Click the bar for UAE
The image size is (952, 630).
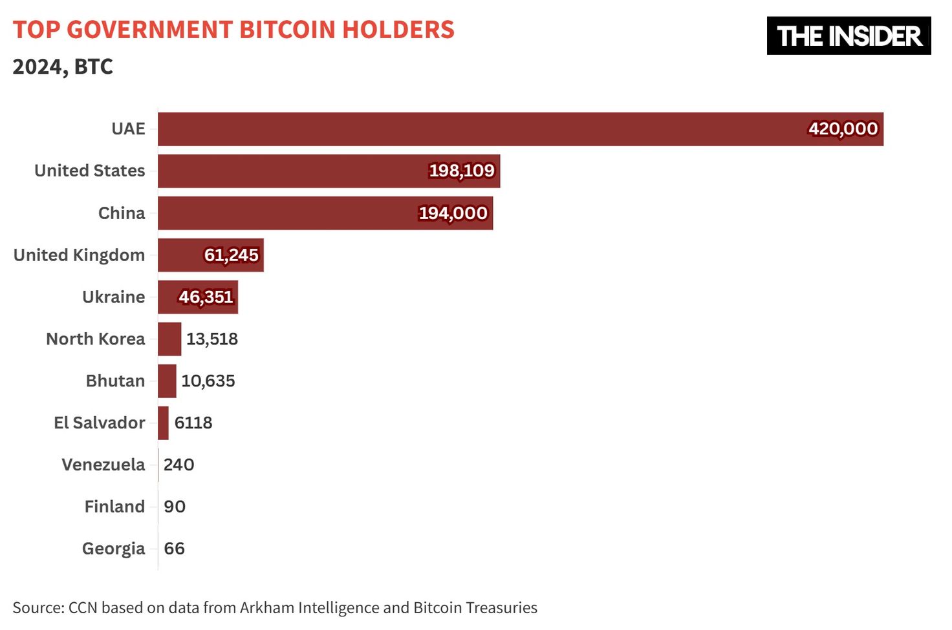pos(479,129)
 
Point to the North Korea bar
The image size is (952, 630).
pos(169,339)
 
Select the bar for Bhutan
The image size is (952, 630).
pos(167,381)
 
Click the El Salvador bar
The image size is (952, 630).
pos(163,423)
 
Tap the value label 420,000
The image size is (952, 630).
pos(843,129)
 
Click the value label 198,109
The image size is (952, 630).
pos(462,171)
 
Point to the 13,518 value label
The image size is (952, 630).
pos(212,339)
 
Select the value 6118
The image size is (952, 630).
pos(193,423)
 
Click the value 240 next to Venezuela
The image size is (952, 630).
pos(178,465)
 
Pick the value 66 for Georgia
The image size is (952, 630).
pos(174,549)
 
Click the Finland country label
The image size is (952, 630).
pos(114,507)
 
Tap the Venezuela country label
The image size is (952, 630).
pos(103,465)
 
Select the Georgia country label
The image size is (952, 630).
pos(113,549)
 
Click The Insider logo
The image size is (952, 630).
pos(849,36)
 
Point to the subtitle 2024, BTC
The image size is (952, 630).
pos(63,67)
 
